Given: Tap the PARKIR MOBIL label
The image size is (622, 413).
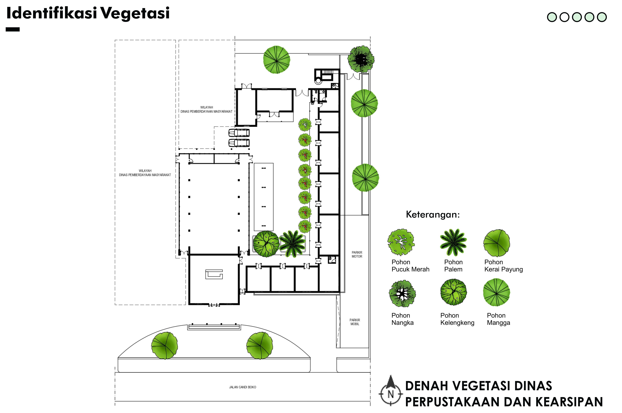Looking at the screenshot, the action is [x=355, y=322].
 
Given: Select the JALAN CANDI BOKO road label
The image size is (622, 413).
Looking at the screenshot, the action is [x=242, y=387].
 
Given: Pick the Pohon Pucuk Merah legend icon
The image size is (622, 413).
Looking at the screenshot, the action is [x=401, y=242].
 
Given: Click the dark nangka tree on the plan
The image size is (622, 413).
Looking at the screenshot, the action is [x=361, y=59].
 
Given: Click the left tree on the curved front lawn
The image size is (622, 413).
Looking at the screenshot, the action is [x=164, y=346].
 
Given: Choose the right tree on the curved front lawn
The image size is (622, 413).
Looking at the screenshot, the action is [x=260, y=346].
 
